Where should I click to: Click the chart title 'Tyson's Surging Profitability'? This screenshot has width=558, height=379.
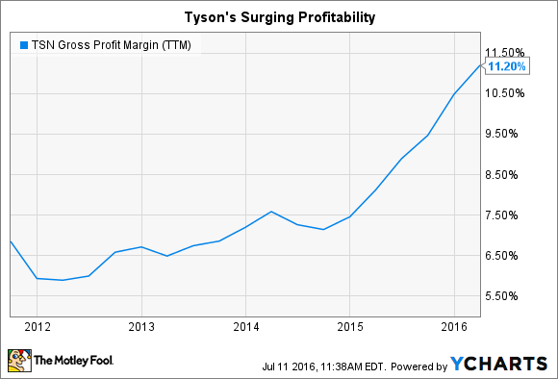[x=278, y=15]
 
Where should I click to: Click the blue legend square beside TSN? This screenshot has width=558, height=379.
[x=21, y=44]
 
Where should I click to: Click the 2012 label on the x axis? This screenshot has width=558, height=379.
[x=38, y=325]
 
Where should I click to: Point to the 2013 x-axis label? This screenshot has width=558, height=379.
[x=141, y=325]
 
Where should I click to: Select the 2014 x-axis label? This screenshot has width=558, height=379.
[x=245, y=325]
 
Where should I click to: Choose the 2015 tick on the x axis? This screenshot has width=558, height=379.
[x=349, y=325]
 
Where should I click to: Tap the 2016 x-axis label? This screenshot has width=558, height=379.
[x=453, y=325]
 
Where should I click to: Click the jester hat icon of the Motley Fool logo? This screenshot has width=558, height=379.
[x=21, y=361]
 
